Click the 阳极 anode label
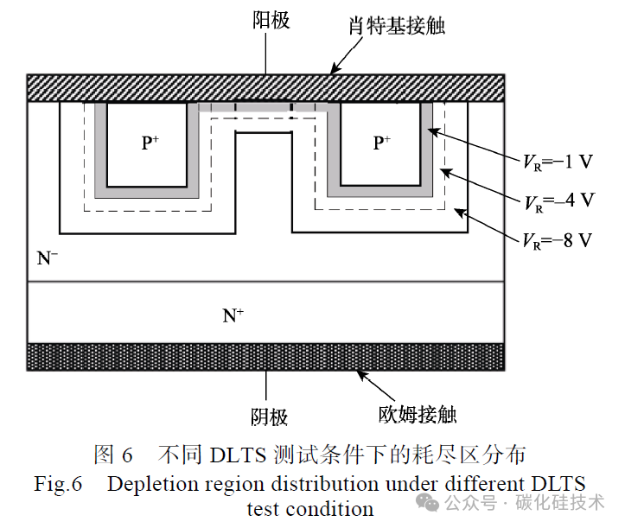271,20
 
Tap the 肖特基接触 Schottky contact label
397,26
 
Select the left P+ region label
150,143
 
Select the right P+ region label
382,143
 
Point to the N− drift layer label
47,258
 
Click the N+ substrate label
233,315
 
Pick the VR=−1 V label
558,162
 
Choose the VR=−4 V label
559,201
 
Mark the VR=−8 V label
558,241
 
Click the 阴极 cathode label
269,417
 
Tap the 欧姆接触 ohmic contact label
418,415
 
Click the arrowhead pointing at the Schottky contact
335,69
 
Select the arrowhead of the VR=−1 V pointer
432,131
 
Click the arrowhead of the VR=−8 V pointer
459,213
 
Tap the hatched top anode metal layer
266,87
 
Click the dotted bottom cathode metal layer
266,357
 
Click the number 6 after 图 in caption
127,455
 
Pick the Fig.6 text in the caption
58,485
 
